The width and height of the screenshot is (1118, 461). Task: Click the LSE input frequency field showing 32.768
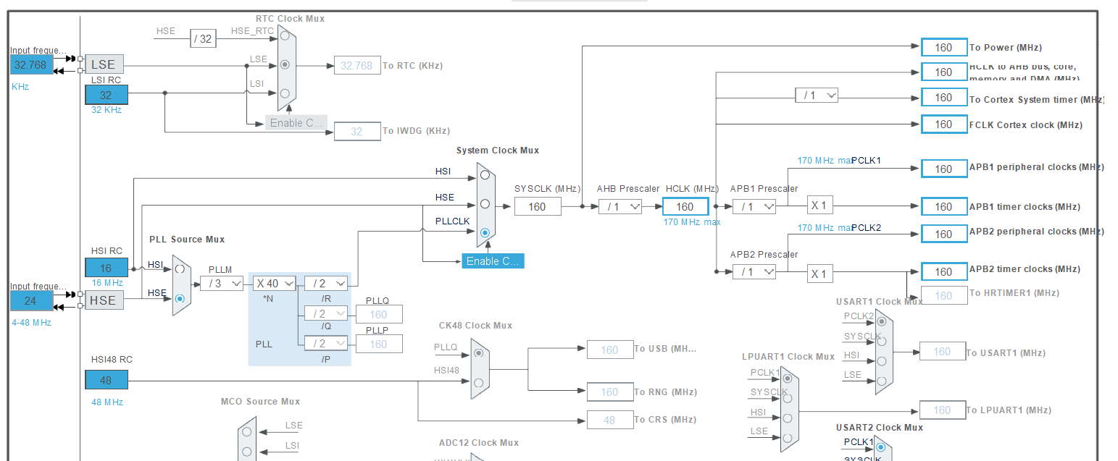pos(31,64)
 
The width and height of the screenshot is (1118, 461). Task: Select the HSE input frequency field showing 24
pos(31,300)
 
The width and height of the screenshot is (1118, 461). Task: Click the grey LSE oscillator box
pos(104,64)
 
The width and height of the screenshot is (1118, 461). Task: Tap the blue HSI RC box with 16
pos(107,268)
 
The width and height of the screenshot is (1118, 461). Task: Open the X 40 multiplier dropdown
pos(275,284)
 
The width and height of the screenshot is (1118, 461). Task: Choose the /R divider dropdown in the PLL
pos(325,284)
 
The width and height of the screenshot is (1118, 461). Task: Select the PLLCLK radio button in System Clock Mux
pos(485,232)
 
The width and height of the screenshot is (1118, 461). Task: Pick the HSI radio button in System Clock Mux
pos(485,174)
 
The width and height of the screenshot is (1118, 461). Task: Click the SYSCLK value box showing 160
pos(538,206)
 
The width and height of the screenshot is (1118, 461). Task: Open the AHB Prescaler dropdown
pos(620,206)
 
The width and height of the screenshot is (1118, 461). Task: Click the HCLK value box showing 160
pos(685,206)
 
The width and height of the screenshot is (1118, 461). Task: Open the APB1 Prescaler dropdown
pos(754,206)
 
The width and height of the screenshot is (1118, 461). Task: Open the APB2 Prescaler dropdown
pos(754,271)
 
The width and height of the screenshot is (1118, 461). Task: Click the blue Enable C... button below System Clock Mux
pos(493,261)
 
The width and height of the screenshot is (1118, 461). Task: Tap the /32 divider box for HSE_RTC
pos(204,38)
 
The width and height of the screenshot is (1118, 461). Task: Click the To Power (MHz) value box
pos(943,47)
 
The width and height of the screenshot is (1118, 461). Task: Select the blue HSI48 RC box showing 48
pos(107,380)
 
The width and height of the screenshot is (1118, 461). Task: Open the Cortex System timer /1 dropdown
pos(817,95)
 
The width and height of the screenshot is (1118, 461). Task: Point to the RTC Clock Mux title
pos(290,18)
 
